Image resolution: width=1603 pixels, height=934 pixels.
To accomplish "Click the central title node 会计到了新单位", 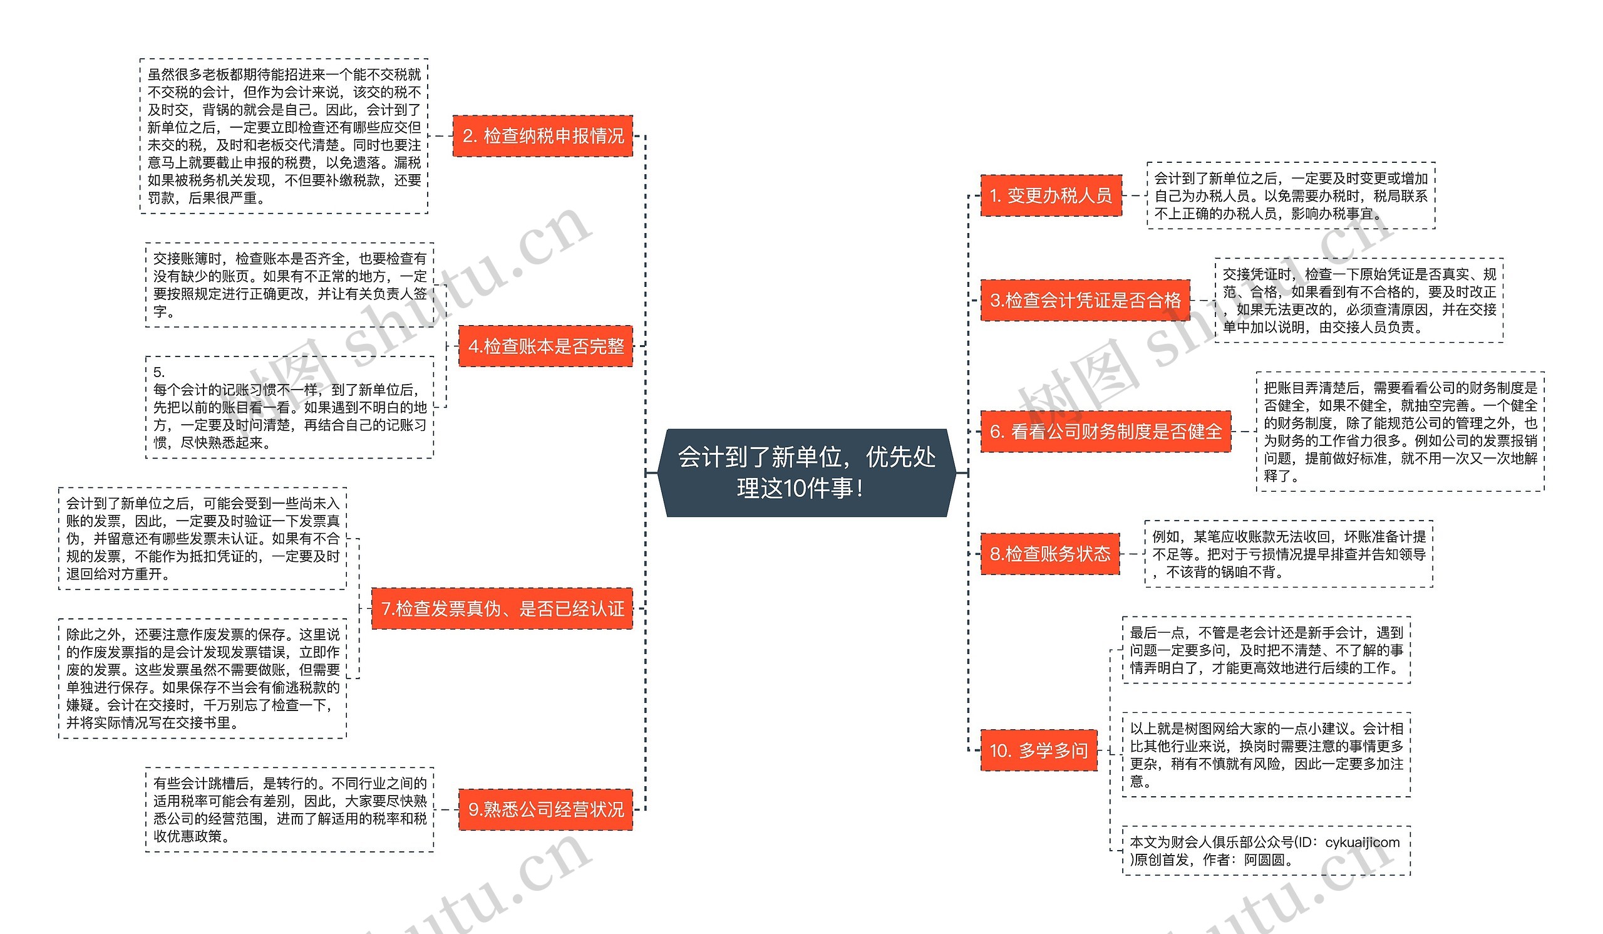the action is [806, 473].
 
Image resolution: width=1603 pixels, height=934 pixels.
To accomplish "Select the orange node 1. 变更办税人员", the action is [1050, 195].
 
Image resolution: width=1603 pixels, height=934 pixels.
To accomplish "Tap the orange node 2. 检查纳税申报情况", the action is [543, 136].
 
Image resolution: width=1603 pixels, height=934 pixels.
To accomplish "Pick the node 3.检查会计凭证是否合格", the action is [1085, 300].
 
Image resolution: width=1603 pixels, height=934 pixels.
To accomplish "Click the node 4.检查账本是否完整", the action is [545, 346].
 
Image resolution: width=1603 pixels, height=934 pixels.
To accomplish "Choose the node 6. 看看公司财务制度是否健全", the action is [1105, 432].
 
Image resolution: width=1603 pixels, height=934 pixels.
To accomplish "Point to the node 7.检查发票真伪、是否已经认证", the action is [502, 609].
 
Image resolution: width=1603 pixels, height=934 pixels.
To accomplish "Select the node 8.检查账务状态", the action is [1049, 554].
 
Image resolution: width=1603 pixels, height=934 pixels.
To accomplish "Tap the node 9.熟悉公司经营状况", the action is [545, 809].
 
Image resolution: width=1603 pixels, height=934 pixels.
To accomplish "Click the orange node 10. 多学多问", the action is [1038, 750].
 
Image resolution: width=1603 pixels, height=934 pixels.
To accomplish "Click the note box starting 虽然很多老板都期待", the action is [284, 136].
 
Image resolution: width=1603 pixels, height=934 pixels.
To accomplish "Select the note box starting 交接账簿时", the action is [289, 285].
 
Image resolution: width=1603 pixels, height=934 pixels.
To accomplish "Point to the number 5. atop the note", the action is [159, 372].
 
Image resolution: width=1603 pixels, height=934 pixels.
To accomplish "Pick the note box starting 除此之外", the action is [202, 678].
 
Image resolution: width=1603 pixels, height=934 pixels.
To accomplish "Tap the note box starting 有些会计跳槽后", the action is [289, 809].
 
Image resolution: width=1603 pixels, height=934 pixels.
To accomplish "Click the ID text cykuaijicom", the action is [1362, 843].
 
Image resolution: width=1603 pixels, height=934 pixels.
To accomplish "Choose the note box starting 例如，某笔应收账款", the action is [1288, 554].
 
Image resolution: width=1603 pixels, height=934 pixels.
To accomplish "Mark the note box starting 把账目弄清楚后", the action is [1399, 432].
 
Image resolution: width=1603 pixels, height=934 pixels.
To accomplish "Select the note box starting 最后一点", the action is [1266, 650].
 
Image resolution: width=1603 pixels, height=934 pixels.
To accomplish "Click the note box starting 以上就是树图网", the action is [1266, 755].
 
